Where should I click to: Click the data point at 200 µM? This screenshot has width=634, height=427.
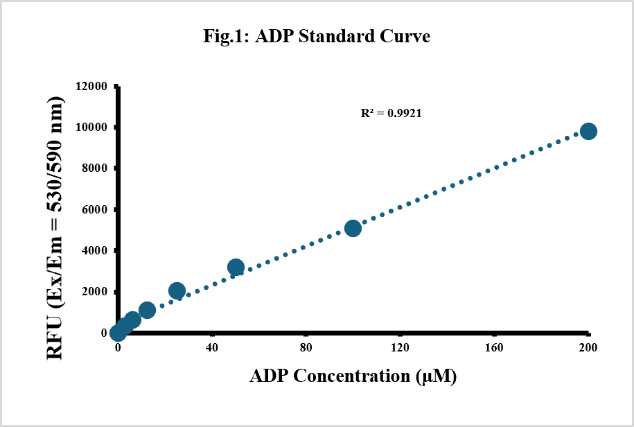(x=588, y=132)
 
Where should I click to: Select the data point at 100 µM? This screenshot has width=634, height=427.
(x=353, y=229)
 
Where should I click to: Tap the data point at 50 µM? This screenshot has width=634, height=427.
(x=236, y=268)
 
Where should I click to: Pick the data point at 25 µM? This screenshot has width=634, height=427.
(x=177, y=290)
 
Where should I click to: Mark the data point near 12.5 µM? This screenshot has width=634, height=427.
(x=147, y=310)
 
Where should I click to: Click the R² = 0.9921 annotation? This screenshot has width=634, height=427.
(x=391, y=113)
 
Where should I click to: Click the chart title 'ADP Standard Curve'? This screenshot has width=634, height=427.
(x=317, y=36)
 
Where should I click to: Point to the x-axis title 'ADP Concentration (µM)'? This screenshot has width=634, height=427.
(x=353, y=376)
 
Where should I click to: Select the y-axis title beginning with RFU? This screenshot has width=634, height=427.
(x=55, y=228)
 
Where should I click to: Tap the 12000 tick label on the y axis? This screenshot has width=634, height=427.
(x=91, y=86)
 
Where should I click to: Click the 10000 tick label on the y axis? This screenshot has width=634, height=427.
(x=91, y=128)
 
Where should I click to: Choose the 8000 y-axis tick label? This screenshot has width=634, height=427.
(x=94, y=168)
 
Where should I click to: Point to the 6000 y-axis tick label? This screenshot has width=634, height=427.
(x=94, y=209)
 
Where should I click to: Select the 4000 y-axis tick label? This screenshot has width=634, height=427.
(x=94, y=251)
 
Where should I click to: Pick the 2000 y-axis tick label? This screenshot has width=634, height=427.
(x=94, y=292)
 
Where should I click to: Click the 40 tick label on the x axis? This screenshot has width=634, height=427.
(x=212, y=347)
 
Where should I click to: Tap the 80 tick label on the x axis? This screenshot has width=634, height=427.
(x=306, y=347)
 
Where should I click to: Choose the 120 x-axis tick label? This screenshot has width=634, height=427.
(x=400, y=347)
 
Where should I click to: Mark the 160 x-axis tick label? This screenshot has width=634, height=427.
(x=494, y=347)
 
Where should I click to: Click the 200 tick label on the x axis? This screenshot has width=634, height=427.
(x=588, y=347)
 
